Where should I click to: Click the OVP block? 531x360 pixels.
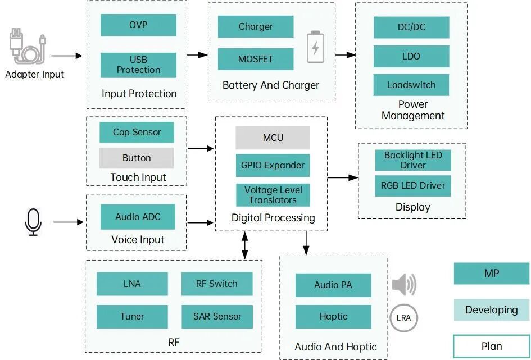pyautogui.click(x=138, y=25)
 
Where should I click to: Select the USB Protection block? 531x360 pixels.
pyautogui.click(x=138, y=65)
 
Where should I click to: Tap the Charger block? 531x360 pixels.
pyautogui.click(x=256, y=26)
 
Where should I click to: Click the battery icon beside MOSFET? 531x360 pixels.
pyautogui.click(x=315, y=47)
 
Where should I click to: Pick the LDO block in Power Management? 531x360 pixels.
pyautogui.click(x=411, y=56)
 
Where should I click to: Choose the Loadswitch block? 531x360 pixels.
pyautogui.click(x=411, y=85)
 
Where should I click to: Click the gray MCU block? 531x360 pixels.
pyautogui.click(x=273, y=138)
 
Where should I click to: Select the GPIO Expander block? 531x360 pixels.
pyautogui.click(x=273, y=165)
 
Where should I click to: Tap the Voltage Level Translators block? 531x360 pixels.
pyautogui.click(x=273, y=195)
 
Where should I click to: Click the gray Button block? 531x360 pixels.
pyautogui.click(x=137, y=158)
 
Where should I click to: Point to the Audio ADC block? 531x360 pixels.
pyautogui.click(x=138, y=217)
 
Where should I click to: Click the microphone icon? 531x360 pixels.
pyautogui.click(x=33, y=222)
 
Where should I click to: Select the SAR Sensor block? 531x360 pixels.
pyautogui.click(x=217, y=317)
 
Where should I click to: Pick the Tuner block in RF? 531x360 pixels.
pyautogui.click(x=132, y=317)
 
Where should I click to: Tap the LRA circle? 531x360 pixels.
pyautogui.click(x=403, y=318)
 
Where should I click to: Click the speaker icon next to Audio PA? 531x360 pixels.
pyautogui.click(x=403, y=285)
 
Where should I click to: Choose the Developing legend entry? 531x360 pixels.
pyautogui.click(x=491, y=309)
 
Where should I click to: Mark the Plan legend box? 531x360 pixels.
pyautogui.click(x=491, y=346)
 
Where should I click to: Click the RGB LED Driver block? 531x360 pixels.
pyautogui.click(x=413, y=185)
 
